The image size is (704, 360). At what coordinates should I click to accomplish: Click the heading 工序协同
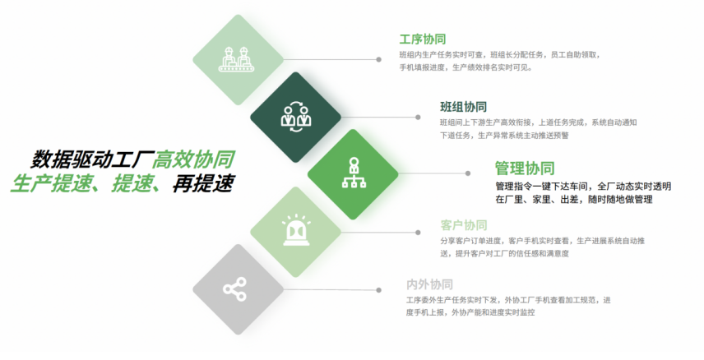click(423, 39)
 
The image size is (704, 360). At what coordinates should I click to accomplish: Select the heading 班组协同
click(463, 107)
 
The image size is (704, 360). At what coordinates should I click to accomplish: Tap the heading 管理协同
click(525, 168)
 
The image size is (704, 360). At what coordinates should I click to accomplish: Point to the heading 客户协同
click(463, 225)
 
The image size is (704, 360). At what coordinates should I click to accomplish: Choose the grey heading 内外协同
click(429, 284)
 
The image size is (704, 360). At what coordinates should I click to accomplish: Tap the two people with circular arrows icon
click(296, 117)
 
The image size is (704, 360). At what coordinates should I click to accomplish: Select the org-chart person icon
click(354, 173)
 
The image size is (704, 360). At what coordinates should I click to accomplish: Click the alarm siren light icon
click(296, 231)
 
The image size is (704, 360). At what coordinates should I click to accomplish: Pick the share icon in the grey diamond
click(235, 288)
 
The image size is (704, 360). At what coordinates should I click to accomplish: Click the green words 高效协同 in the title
click(193, 159)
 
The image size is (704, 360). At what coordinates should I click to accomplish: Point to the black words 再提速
click(203, 183)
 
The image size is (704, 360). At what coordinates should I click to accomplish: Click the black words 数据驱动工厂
click(92, 159)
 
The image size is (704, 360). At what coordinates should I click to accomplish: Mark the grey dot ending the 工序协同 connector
click(379, 59)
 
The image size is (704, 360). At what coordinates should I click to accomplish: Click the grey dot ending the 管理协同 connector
click(468, 173)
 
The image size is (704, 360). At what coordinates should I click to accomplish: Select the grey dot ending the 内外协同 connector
click(379, 290)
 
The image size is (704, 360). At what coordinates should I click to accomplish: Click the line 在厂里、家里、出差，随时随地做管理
click(574, 199)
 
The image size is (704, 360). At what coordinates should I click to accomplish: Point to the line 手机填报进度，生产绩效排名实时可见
click(466, 67)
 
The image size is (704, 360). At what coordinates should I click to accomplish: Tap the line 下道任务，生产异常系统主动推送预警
click(504, 135)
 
